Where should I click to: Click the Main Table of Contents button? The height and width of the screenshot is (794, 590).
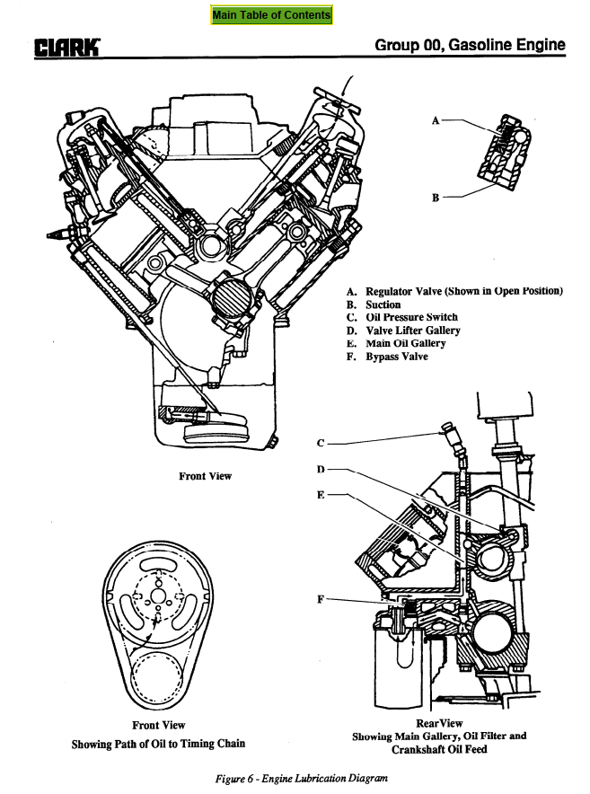coord(271,15)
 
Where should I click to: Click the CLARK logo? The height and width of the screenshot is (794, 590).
coord(68,47)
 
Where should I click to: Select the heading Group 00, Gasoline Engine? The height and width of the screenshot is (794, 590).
coord(470,45)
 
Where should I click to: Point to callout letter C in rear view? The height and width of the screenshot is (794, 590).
coord(321,443)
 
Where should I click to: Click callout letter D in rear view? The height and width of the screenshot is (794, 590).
coord(321,469)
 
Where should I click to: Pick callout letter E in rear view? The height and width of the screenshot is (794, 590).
coord(321,495)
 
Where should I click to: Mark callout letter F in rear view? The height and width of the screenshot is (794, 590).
coord(321,599)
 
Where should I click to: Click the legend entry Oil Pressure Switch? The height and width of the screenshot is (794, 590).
coord(411,317)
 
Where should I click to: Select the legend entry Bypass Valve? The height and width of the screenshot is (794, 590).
coord(397,357)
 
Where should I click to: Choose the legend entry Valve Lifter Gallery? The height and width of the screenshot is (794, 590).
coord(413,331)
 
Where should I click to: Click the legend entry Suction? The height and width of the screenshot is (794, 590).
coord(383,304)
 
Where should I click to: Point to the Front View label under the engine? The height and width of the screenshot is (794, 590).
coord(205,476)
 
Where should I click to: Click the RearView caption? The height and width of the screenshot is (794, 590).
coord(439,723)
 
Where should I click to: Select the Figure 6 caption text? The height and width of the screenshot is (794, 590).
coord(294,778)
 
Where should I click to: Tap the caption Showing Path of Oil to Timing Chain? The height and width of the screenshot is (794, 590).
coord(158,744)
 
